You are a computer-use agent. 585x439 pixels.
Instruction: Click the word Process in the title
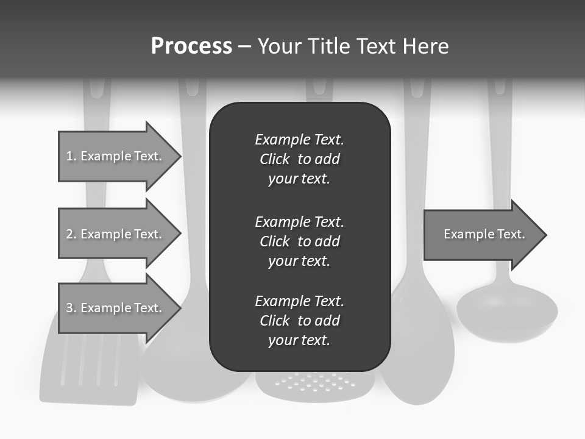[191, 46]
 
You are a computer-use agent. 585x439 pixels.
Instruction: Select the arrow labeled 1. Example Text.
[114, 156]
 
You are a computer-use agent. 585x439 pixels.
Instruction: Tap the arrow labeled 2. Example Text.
[114, 234]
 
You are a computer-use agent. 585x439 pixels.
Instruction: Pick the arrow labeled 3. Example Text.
[114, 308]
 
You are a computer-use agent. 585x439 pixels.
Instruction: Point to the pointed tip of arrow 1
[180, 156]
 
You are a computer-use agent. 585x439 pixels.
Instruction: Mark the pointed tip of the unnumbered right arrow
[545, 235]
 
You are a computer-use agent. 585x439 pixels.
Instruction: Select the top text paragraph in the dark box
[299, 159]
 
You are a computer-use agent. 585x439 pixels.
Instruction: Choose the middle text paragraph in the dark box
[299, 241]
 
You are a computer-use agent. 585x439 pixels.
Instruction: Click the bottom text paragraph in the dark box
[299, 321]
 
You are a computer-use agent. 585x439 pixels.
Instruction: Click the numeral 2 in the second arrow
[69, 234]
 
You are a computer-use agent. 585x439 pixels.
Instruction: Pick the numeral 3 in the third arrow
[69, 308]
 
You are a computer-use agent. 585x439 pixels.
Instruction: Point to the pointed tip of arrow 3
[180, 308]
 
